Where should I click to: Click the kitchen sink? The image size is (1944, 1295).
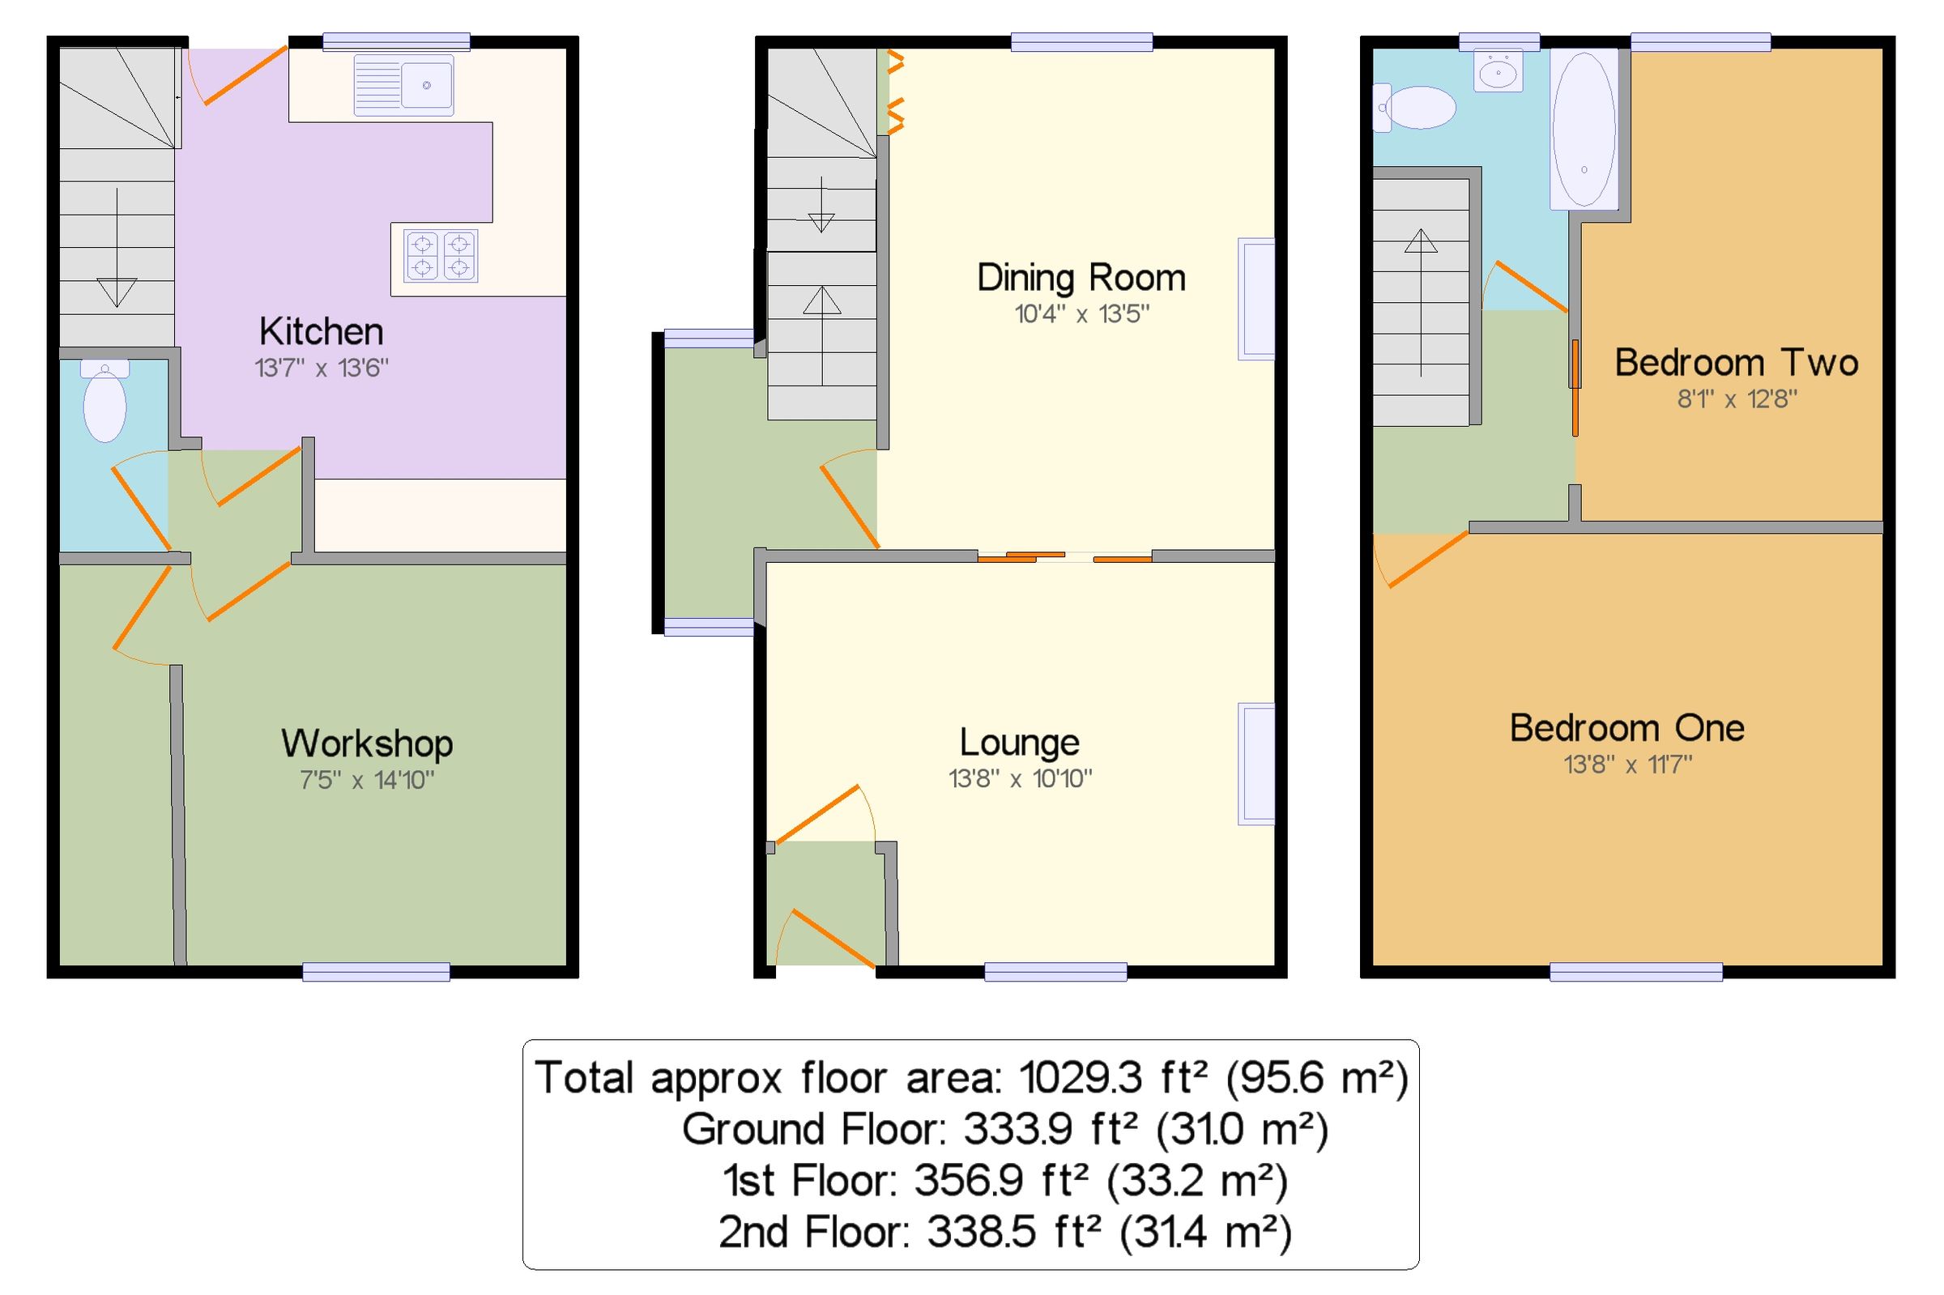point(404,84)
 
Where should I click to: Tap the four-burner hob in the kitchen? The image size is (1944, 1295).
point(441,255)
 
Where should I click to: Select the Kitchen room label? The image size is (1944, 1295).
point(322,331)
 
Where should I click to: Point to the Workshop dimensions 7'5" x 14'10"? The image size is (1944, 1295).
point(367,780)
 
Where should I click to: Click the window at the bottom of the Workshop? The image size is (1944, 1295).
point(376,971)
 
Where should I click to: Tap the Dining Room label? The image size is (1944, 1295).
point(1081,278)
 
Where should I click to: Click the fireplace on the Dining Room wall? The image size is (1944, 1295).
point(1255,299)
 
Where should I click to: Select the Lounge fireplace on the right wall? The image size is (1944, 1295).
point(1255,763)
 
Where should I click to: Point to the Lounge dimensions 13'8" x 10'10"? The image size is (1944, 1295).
point(1020,778)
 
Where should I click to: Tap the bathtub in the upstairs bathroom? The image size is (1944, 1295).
point(1583,128)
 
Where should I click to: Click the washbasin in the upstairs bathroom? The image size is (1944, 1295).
point(1497,73)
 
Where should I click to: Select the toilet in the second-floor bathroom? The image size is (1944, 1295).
point(1417,109)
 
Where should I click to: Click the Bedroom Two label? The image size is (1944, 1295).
point(1736,363)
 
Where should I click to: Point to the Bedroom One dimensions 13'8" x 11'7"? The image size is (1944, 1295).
point(1626,765)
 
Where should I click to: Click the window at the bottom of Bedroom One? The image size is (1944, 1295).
point(1635,971)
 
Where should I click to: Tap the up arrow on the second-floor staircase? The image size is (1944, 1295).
point(1421,241)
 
